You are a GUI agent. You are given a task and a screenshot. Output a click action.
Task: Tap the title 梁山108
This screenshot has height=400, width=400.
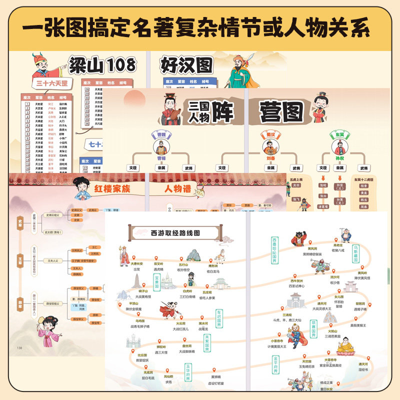[x=102, y=64]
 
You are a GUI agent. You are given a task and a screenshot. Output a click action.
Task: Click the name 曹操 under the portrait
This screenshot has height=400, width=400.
[x=160, y=157]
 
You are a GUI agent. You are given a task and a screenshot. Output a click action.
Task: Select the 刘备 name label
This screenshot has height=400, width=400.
[x=272, y=157]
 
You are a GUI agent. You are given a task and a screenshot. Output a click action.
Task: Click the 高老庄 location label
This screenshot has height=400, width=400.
[x=339, y=245]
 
